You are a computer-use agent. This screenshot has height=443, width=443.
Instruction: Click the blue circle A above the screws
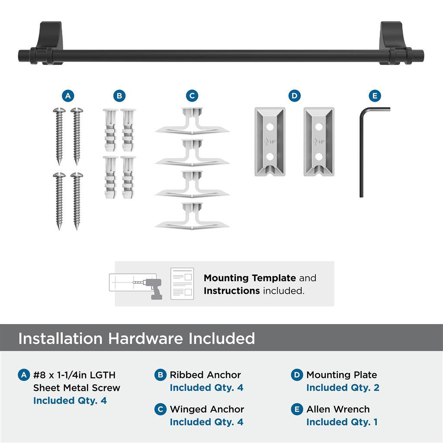pyautogui.click(x=68, y=96)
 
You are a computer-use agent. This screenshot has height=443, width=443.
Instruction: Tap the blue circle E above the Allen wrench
pyautogui.click(x=374, y=96)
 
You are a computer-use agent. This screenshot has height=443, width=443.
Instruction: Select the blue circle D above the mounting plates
pyautogui.click(x=294, y=96)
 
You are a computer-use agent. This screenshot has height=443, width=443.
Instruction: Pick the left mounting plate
pyautogui.click(x=270, y=141)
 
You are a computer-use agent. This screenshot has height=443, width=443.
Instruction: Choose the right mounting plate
pyautogui.click(x=319, y=141)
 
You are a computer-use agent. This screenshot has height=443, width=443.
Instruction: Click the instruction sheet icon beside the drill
pyautogui.click(x=182, y=284)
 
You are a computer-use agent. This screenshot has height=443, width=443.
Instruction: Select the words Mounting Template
pyautogui.click(x=250, y=278)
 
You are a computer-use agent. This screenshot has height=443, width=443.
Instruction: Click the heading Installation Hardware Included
pyautogui.click(x=136, y=338)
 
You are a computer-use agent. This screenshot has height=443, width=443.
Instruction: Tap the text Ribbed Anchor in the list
pyautogui.click(x=205, y=375)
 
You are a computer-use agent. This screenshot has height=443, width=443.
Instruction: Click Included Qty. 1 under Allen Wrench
pyautogui.click(x=342, y=422)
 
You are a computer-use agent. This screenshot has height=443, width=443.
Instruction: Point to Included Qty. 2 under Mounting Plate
pyautogui.click(x=343, y=388)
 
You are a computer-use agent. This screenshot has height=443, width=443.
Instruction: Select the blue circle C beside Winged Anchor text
pyautogui.click(x=161, y=409)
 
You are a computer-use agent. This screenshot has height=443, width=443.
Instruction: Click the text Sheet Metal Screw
pyautogui.click(x=77, y=388)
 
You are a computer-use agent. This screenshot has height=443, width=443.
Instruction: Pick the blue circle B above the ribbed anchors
pyautogui.click(x=119, y=96)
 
